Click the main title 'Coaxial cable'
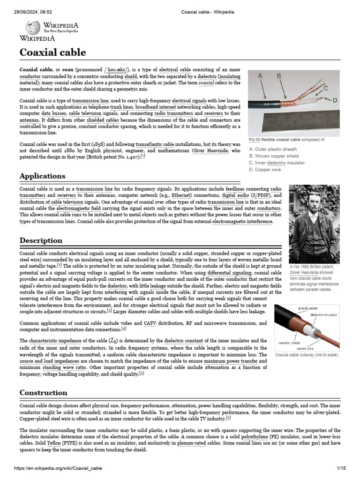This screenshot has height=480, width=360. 52,52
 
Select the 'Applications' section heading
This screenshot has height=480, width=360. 42,176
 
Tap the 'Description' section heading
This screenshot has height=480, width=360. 41,240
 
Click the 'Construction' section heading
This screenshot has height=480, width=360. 43,392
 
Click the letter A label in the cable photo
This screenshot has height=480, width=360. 260,75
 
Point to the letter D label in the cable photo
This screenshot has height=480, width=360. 335,100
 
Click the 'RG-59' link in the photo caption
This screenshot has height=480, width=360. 255,140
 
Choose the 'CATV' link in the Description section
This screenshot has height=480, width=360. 150,323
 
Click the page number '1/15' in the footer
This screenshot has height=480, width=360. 341,468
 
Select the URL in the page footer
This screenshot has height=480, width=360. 58,468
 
